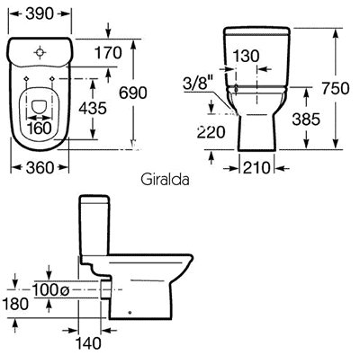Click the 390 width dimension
point(40,13)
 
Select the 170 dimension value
point(108,53)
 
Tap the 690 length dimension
point(133,93)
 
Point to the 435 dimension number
point(93,108)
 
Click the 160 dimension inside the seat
point(40,129)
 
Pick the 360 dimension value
point(40,167)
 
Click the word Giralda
point(165,180)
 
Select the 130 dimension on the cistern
point(246,56)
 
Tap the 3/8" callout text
point(198,83)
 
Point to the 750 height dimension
point(336,88)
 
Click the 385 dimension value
point(306,120)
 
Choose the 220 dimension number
point(211,132)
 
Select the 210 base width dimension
point(256,168)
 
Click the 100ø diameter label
point(50,289)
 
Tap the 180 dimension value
point(15,304)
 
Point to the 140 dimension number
point(88,343)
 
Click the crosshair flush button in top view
point(40,52)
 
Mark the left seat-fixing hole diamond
point(26,79)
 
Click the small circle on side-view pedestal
point(130,313)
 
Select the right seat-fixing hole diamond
point(52,79)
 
